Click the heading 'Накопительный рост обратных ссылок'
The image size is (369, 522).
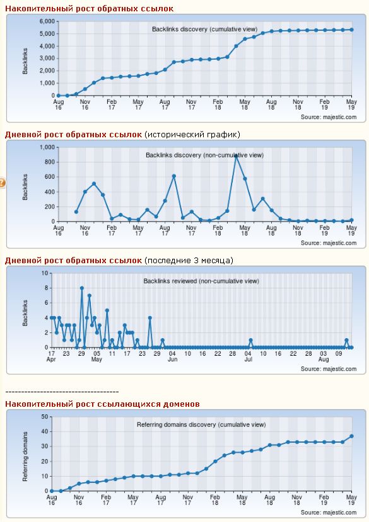90,9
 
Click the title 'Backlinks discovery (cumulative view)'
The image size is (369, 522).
204,30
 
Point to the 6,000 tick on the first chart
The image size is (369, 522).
47,21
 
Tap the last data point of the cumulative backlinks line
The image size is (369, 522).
351,30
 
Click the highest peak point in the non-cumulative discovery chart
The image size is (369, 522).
236,156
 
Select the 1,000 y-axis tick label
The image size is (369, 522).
47,147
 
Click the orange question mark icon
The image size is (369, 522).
2,183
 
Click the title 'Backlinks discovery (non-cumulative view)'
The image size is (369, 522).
204,155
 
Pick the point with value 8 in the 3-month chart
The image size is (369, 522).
82,288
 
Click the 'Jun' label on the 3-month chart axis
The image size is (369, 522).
172,360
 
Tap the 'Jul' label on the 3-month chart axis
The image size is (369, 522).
249,360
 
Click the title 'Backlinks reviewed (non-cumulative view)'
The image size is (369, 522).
201,281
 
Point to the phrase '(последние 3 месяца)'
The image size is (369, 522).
189,260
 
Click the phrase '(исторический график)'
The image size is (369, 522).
192,135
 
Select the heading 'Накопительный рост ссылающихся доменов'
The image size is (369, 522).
102,404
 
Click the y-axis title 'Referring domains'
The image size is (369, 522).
25,457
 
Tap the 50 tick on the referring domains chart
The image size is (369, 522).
45,417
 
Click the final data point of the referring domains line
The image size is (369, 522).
351,436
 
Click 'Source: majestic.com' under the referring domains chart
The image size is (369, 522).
329,513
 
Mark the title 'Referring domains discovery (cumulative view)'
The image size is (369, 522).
201,425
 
